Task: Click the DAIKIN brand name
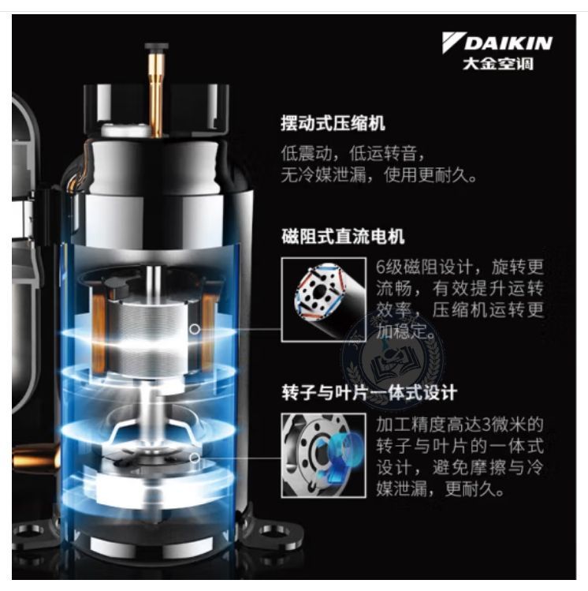508,43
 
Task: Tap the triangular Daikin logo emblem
452,41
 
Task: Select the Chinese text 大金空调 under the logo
498,63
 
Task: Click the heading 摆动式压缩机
333,123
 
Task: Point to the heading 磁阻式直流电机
343,237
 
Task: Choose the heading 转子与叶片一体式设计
370,392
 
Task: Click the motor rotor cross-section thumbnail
324,300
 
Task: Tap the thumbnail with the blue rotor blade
324,455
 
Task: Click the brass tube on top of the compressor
155,94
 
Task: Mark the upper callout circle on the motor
194,329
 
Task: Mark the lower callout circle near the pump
194,458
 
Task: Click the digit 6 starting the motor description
381,267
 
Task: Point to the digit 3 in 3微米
486,424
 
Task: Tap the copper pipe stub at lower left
35,458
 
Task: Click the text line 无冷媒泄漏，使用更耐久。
378,175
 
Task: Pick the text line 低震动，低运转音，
353,153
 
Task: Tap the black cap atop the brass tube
156,47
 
